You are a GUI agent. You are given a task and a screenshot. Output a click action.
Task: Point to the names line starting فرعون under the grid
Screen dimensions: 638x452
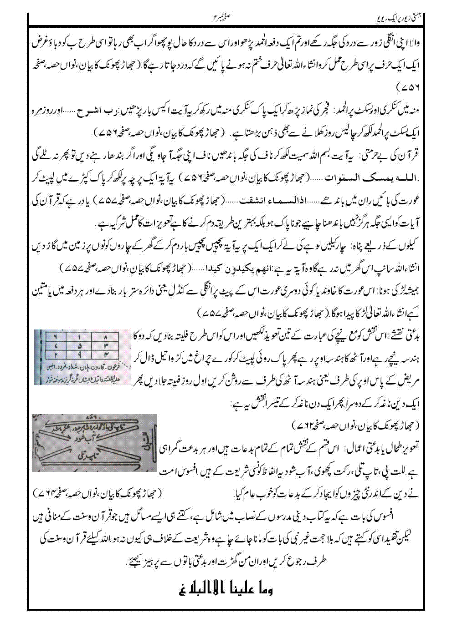pyautogui.click(x=82, y=365)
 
